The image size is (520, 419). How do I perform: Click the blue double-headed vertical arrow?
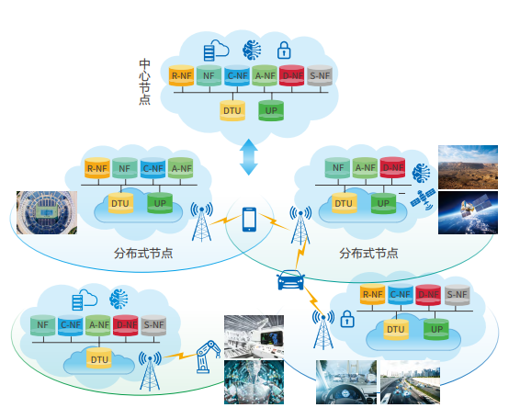tap(249, 157)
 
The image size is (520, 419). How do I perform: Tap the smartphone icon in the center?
tap(249, 220)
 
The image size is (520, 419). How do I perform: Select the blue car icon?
tap(291, 279)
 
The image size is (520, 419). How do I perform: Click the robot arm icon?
tap(208, 357)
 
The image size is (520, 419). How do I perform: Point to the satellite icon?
tap(423, 199)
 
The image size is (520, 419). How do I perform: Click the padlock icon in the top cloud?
tap(284, 51)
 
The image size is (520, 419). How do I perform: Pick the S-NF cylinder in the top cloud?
tap(320, 75)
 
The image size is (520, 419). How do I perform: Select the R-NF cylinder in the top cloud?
tap(181, 75)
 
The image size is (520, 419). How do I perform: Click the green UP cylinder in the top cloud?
tap(271, 110)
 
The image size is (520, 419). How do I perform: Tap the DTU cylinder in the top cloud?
tap(232, 110)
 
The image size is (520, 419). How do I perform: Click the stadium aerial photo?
tap(47, 212)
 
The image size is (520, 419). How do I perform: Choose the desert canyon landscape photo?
tap(468, 167)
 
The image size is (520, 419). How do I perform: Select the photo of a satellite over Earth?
tap(468, 212)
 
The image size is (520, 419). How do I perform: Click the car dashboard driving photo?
tap(346, 382)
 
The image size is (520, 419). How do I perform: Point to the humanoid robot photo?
tap(254, 382)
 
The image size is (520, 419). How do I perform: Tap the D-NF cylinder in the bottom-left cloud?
tap(126, 325)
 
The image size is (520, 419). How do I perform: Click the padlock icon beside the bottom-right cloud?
tap(347, 319)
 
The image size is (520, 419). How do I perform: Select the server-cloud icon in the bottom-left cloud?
tap(85, 300)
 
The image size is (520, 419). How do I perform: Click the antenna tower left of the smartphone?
tap(201, 221)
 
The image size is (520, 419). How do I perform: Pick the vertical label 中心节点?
tap(145, 82)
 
